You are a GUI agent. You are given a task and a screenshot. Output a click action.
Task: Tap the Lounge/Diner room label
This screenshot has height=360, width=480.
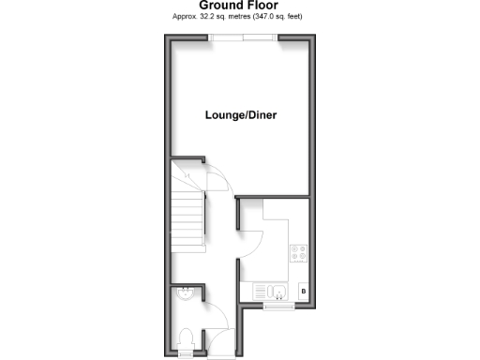[240, 116]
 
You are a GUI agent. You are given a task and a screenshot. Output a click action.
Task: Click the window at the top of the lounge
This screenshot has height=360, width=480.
[243, 37]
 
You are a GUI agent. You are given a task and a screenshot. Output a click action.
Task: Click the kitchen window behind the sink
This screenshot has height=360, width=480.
[277, 307]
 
